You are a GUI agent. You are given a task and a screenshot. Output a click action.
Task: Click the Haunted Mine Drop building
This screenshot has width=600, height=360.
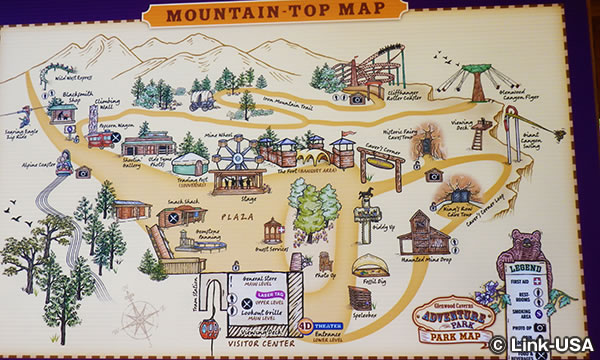point(427,234)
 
